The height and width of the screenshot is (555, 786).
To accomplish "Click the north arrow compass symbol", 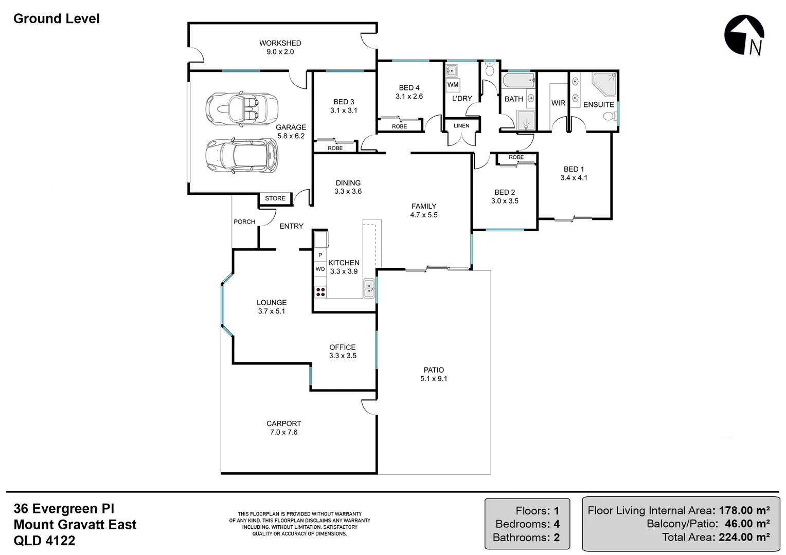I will (x=744, y=35).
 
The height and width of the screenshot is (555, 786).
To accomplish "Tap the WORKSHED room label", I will (x=280, y=43).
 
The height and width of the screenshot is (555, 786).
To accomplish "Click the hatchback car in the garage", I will (x=241, y=155).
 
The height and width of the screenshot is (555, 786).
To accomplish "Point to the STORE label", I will (x=275, y=198).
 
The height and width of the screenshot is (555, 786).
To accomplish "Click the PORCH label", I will (x=244, y=222).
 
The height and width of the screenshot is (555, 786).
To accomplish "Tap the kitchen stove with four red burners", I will (x=320, y=292).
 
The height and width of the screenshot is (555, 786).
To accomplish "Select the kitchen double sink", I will (x=369, y=288).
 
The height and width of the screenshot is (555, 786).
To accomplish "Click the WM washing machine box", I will (x=453, y=85).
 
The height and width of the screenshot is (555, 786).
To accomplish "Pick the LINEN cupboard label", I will (x=461, y=126).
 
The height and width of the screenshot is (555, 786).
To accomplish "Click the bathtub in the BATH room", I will (x=519, y=81).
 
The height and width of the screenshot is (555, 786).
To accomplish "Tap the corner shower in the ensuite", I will (x=605, y=84).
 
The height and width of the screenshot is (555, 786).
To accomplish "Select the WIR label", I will (x=558, y=103).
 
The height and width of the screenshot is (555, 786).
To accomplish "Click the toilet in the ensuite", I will (x=610, y=117).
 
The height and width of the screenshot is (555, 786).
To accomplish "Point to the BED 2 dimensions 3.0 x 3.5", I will (x=505, y=201).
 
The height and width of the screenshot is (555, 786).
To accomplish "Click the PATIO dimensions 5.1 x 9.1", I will (x=434, y=379).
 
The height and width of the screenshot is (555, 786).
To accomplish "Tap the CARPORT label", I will (x=283, y=423).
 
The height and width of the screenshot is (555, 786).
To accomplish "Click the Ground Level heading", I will (x=57, y=19).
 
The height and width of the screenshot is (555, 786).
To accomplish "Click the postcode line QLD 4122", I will (x=44, y=541).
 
